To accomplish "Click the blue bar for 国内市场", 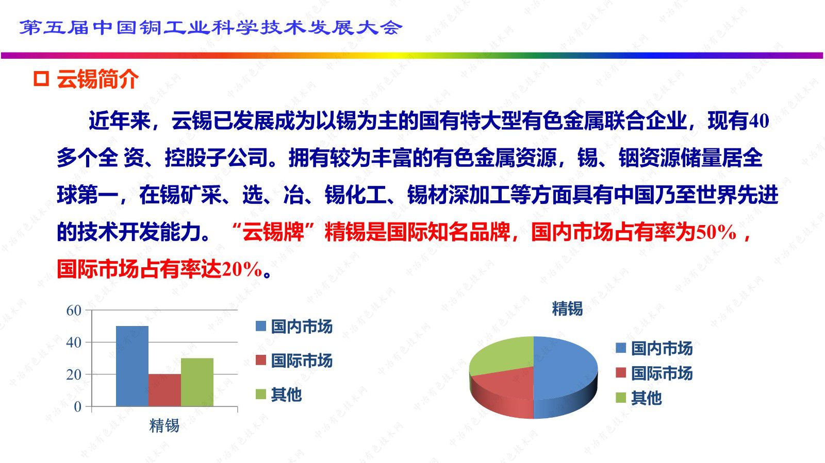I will (132, 366).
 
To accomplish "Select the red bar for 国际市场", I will (164, 390).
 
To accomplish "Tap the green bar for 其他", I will (197, 382).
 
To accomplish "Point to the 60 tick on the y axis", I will (74, 310).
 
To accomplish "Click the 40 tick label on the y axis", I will (74, 342).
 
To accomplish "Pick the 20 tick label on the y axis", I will (74, 374).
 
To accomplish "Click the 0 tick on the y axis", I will (78, 407).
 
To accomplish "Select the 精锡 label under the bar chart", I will (164, 425).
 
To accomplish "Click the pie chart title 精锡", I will (567, 308).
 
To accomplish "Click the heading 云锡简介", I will (97, 79).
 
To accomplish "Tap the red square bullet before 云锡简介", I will (41, 79).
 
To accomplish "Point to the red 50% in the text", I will (716, 233).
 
